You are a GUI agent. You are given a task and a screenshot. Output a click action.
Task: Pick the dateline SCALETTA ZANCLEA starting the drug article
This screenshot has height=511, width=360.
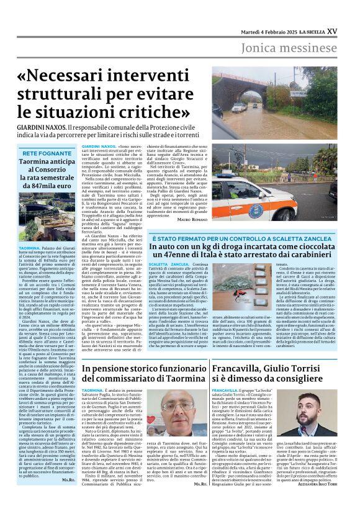pos(169,264)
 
